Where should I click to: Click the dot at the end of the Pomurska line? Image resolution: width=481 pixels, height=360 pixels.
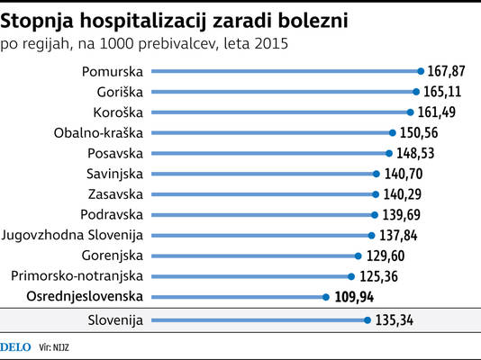[421, 71]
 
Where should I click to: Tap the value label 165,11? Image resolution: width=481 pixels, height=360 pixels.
[442, 92]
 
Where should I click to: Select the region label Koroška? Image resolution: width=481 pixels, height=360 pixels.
[118, 112]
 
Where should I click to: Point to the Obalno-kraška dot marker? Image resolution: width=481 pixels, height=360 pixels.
[393, 133]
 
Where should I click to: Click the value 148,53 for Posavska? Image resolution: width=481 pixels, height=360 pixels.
[415, 153]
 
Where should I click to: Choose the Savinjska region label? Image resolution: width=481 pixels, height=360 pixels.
[114, 174]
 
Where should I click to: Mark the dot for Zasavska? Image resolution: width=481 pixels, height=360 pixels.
[376, 194]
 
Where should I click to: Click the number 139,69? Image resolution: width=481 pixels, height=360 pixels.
[401, 215]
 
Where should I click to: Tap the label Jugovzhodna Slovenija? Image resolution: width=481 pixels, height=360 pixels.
[72, 235]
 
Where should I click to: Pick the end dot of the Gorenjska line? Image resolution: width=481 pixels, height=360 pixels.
[358, 256]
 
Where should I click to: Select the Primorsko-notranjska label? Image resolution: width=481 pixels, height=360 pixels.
[77, 276]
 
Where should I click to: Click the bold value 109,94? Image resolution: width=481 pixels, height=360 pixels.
[354, 297]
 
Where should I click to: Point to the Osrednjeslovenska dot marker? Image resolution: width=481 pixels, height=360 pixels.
[326, 297]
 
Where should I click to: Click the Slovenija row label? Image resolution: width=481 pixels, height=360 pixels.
[115, 320]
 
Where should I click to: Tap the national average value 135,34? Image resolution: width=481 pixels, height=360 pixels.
[395, 320]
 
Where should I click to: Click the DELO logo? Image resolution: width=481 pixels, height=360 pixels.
[15, 347]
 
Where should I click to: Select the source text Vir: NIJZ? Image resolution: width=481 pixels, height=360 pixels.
[54, 347]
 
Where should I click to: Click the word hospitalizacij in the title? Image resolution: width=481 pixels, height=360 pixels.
[143, 21]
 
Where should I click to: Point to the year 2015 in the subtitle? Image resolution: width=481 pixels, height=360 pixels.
[271, 43]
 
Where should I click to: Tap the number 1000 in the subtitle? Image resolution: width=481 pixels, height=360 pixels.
[116, 43]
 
